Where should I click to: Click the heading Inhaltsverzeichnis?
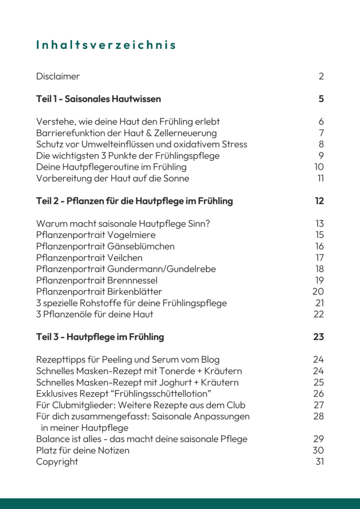[106, 45]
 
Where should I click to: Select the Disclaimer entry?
[58, 76]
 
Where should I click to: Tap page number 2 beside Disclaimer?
[321, 76]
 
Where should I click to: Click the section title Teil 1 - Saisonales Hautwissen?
[98, 99]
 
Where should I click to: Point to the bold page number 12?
[319, 201]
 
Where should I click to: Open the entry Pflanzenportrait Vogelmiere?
[95, 235]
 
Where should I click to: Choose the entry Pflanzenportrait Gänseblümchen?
[105, 246]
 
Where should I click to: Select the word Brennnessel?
[132, 280]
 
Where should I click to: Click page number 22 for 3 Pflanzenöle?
[319, 314]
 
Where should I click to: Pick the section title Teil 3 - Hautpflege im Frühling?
[100, 337]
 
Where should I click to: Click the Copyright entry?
[57, 461]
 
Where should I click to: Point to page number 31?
[320, 461]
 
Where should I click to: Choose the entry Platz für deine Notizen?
[83, 450]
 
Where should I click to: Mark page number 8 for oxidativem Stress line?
[321, 144]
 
